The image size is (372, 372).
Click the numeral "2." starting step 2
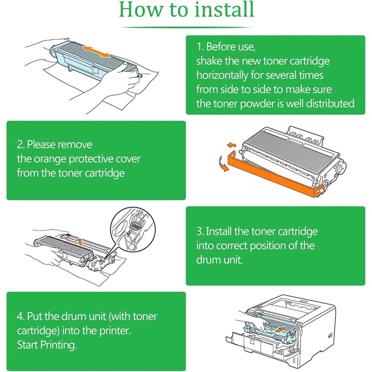(21, 145)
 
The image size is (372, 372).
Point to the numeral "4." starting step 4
(21, 317)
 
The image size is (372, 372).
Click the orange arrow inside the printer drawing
(279, 330)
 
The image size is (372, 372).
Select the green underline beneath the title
(186, 27)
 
